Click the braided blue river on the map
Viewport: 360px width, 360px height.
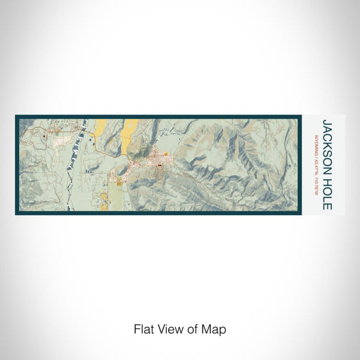pyautogui.click(x=82, y=162)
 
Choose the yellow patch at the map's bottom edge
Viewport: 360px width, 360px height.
pyautogui.click(x=108, y=203)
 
